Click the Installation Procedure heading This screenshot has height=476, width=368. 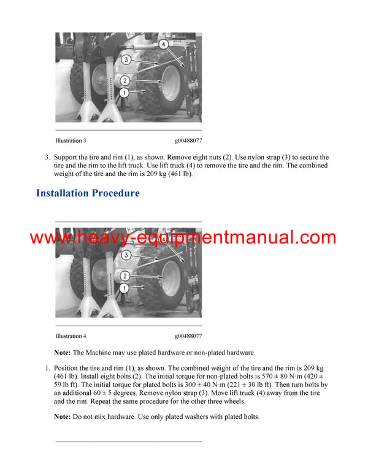point(88,193)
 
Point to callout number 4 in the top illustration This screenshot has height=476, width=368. point(163,44)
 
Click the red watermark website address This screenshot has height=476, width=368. point(183,237)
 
